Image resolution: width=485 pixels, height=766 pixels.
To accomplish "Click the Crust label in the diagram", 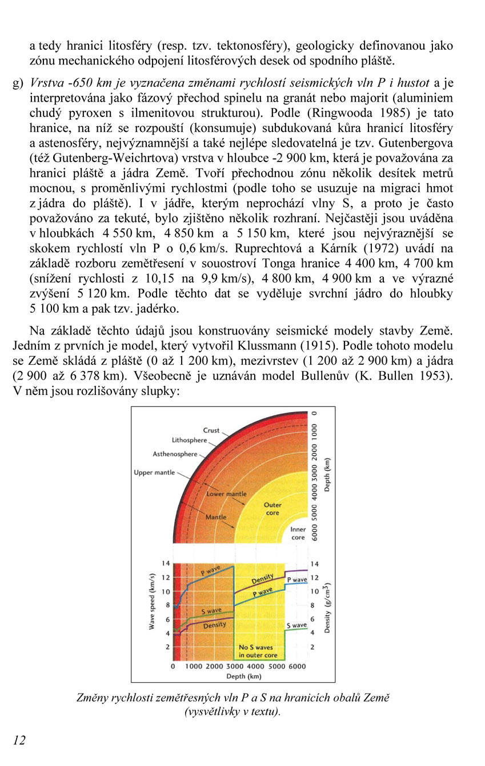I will [211, 430].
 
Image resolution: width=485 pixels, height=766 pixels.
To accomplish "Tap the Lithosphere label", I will [189, 441].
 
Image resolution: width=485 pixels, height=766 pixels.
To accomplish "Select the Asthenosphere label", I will [175, 454].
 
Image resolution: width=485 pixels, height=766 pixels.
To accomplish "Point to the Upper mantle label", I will [154, 473].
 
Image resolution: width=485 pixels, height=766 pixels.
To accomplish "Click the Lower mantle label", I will [227, 494].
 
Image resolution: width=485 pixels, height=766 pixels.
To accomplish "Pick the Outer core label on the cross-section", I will [272, 509].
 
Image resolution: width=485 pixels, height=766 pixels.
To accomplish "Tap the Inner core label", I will [298, 533].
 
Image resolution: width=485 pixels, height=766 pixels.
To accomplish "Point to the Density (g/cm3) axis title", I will [327, 608].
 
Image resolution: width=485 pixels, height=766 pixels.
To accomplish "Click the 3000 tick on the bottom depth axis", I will [235, 666].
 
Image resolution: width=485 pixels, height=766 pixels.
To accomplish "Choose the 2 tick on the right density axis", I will [312, 647].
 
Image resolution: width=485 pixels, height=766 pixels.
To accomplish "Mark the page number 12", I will [19, 740].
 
